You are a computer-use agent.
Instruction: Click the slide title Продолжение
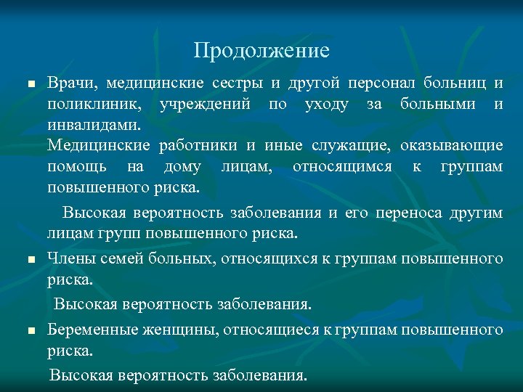[x=261, y=51]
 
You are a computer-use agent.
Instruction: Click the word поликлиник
[x=90, y=105]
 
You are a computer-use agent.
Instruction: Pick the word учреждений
[x=205, y=105]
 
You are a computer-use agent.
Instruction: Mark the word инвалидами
[x=93, y=126]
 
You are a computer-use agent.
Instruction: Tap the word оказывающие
[x=450, y=146]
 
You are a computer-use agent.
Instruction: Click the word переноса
[x=408, y=213]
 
